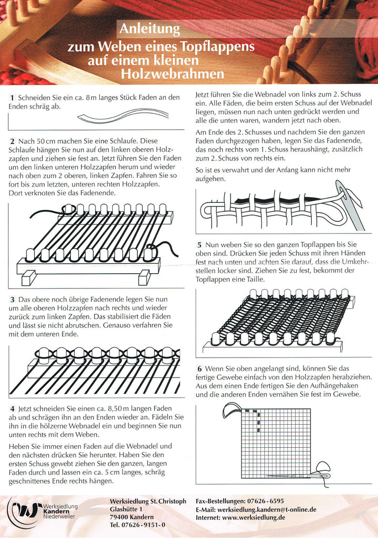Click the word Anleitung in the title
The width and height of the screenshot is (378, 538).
pos(150,28)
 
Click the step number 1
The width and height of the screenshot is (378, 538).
pos(12,98)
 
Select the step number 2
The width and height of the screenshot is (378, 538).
pos(12,142)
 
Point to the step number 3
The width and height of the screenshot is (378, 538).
pos(12,299)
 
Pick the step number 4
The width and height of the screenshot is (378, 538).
pos(12,408)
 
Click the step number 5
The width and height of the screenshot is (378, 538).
pos(199,245)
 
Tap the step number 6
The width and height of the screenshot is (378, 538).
pos(199,369)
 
